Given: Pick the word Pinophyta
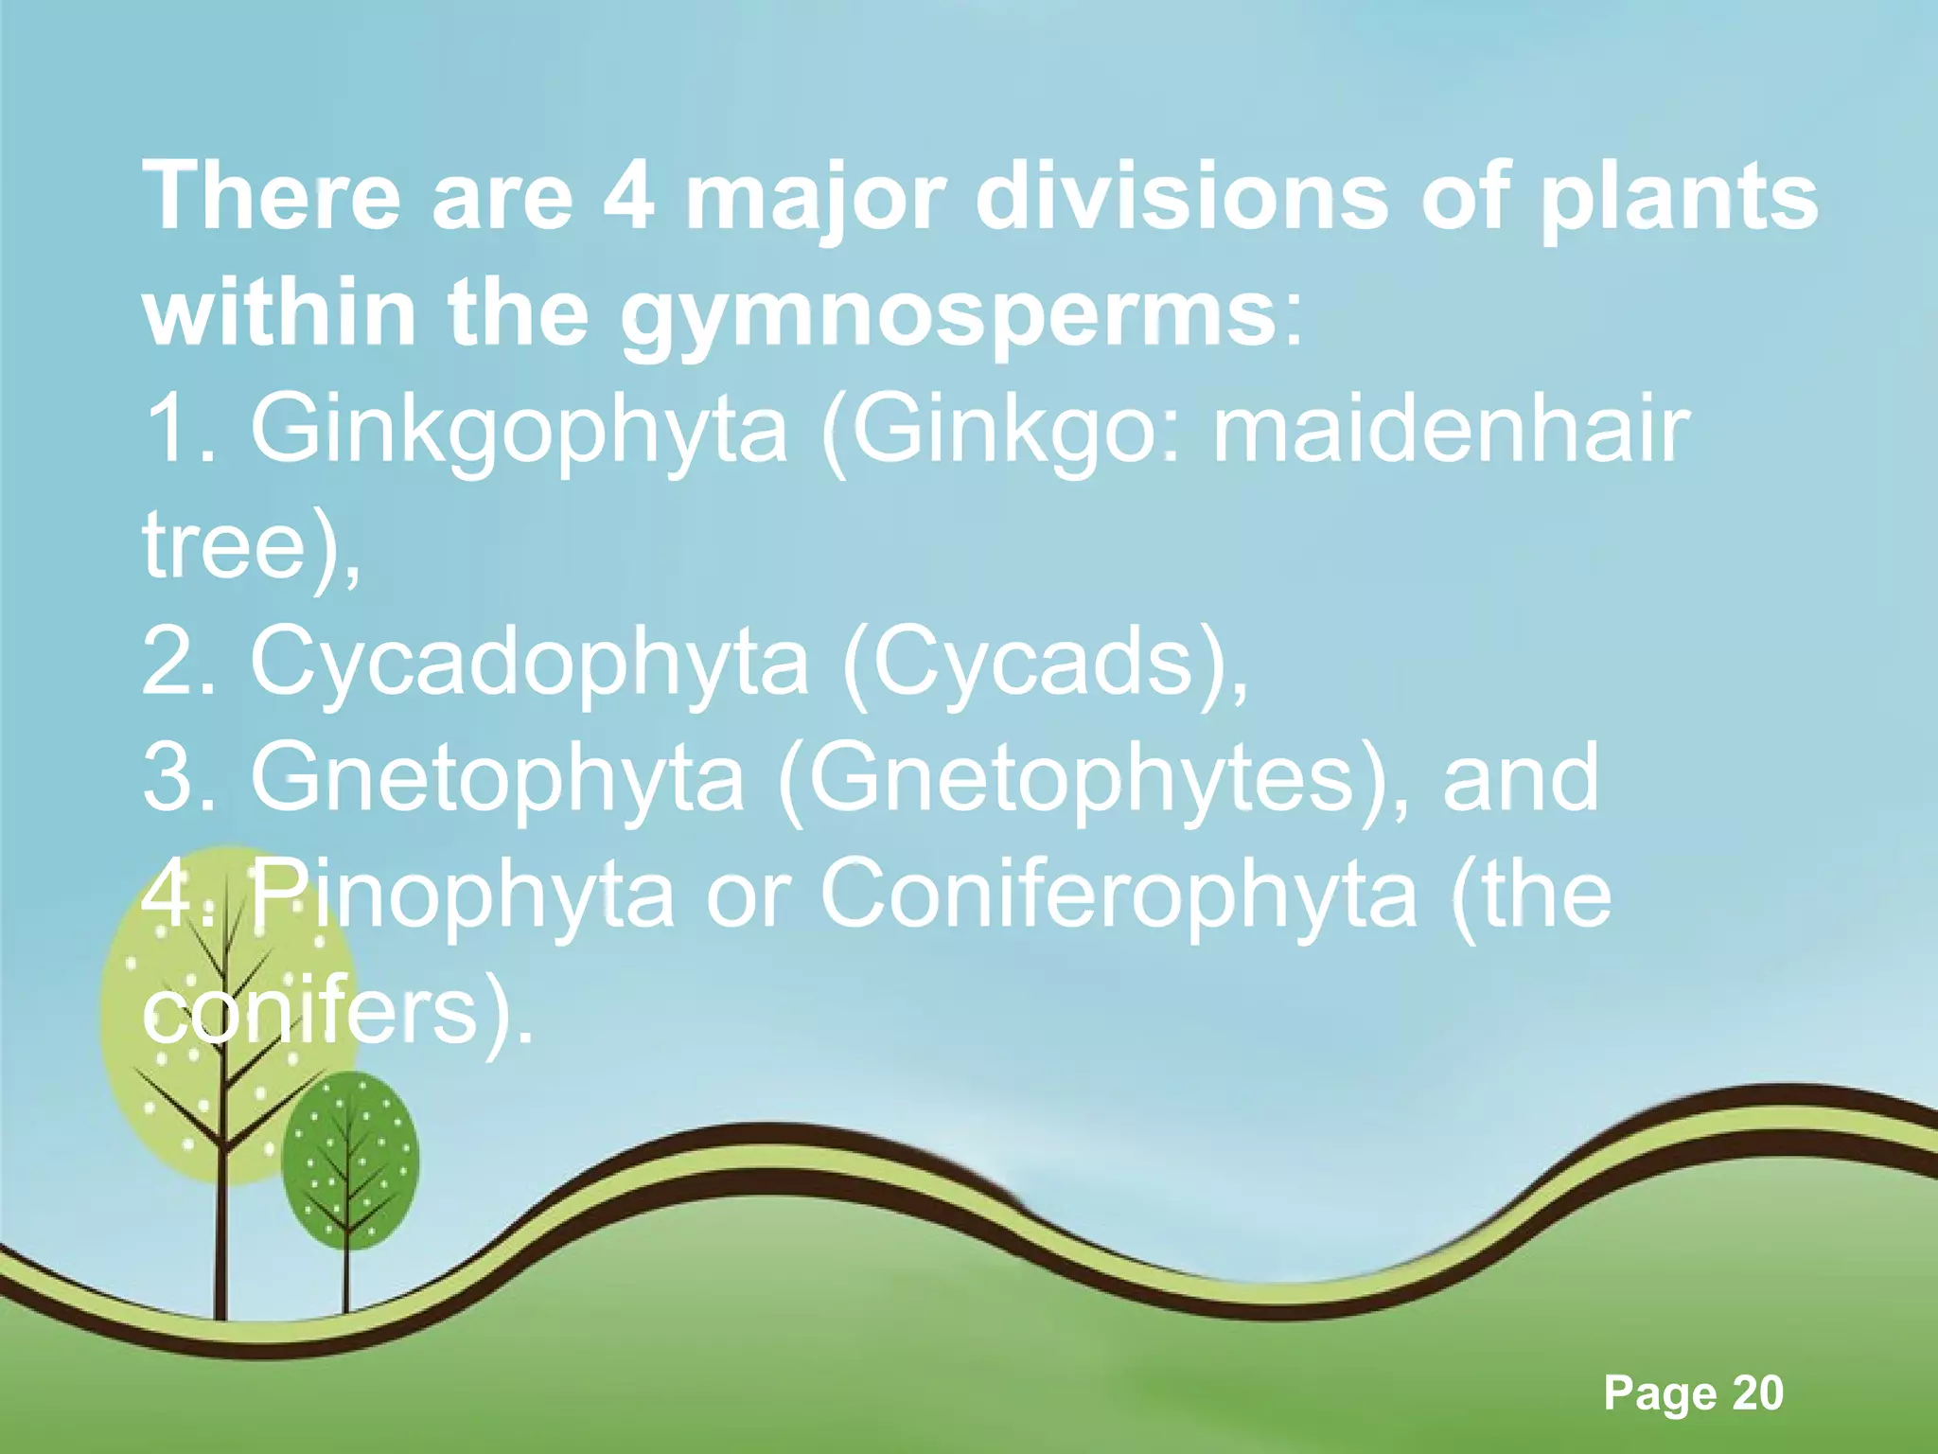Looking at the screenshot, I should pyautogui.click(x=464, y=895).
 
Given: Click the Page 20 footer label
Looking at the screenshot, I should pyautogui.click(x=1693, y=1392).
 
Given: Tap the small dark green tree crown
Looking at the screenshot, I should pyautogui.click(x=349, y=1160).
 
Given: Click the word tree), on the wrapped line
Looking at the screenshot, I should pyautogui.click(x=251, y=547).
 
